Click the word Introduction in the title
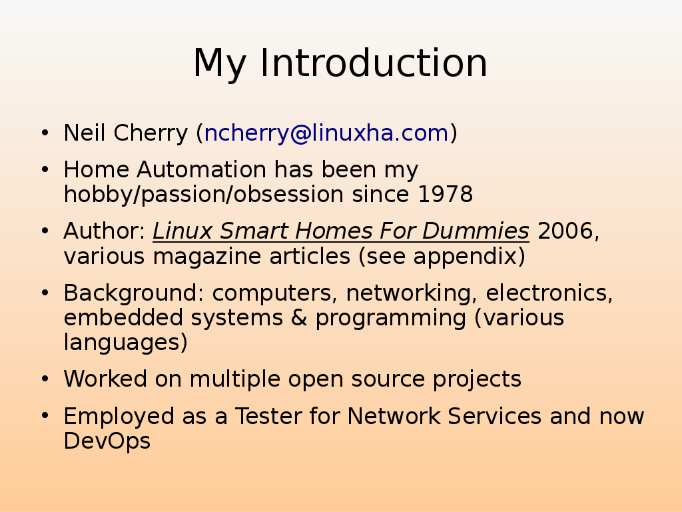373,63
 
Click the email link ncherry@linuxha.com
326,133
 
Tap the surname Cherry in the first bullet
151,133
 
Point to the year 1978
445,194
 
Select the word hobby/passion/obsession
204,195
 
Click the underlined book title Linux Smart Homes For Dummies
341,231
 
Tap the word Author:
105,231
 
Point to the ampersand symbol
299,317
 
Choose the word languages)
126,342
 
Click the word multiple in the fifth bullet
235,379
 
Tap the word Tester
268,416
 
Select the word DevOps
107,441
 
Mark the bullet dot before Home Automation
45,170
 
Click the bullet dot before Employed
45,416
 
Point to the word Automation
201,169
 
